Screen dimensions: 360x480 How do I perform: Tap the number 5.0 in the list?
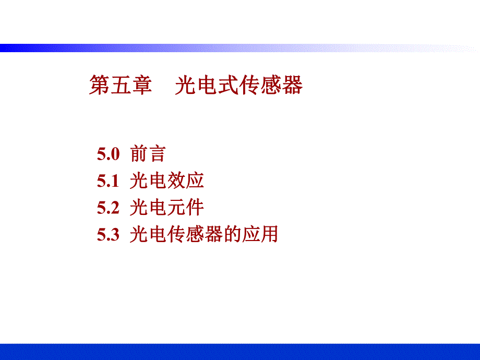(x=109, y=154)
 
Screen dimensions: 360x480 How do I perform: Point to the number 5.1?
(x=109, y=181)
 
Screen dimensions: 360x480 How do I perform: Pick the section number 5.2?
(x=109, y=208)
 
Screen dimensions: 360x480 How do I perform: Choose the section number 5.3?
(x=109, y=235)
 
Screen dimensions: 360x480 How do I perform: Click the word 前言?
(x=148, y=154)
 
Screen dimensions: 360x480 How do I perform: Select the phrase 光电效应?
(x=167, y=181)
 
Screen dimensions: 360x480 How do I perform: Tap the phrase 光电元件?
(x=167, y=208)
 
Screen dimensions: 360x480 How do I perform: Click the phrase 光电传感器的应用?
(x=204, y=235)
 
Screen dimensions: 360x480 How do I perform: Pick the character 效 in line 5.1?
(x=176, y=181)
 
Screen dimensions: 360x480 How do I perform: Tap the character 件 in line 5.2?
(x=195, y=208)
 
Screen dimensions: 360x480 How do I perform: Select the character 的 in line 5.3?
(x=232, y=235)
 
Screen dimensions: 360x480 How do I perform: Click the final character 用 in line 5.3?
(x=269, y=235)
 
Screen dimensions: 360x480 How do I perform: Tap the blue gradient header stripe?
(x=157, y=48)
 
